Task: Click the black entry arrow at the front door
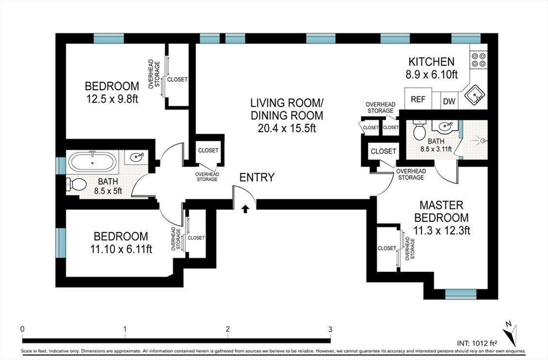click(x=245, y=209)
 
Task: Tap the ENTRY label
click(x=257, y=178)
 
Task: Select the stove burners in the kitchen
click(x=478, y=59)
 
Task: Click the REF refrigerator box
click(x=418, y=99)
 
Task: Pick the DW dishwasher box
click(x=449, y=101)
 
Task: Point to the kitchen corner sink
click(x=474, y=94)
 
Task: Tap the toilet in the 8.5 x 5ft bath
click(x=76, y=184)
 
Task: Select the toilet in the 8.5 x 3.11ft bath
click(x=418, y=130)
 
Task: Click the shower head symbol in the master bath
click(x=482, y=141)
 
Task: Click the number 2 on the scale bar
click(x=228, y=329)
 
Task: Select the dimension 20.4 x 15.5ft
click(x=287, y=128)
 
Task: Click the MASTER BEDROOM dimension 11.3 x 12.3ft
click(x=441, y=230)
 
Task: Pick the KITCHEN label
click(x=432, y=62)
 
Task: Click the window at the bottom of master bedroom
click(x=461, y=294)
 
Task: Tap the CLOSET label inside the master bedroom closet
click(x=387, y=248)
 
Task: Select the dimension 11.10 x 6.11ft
click(x=121, y=249)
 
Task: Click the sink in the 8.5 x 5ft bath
click(x=137, y=157)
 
